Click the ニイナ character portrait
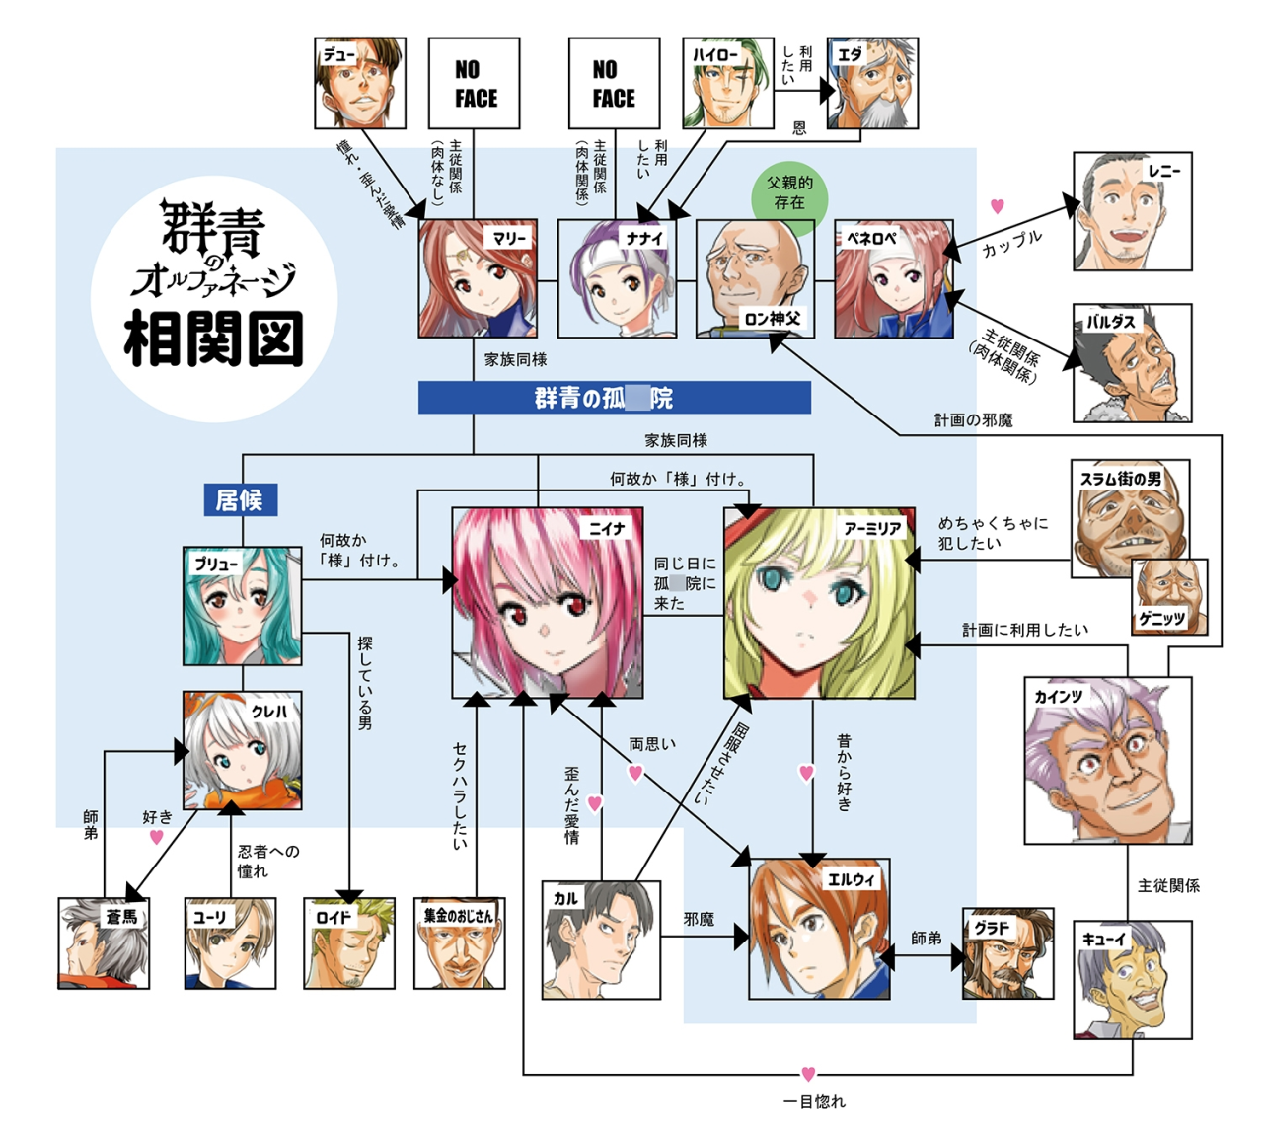point(548,603)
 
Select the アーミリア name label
point(872,529)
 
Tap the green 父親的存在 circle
point(788,193)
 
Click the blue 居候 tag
point(240,500)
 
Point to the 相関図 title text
point(213,339)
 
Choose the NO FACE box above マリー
point(474,84)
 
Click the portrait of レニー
point(1132,211)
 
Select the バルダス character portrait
point(1132,362)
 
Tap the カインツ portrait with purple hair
point(1107,760)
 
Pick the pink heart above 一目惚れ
point(808,1074)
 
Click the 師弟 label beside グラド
point(926,938)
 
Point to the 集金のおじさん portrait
point(459,943)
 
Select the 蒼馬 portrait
point(104,943)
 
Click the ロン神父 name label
point(773,319)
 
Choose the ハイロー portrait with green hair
point(727,84)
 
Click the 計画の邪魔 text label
point(973,420)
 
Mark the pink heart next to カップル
point(998,206)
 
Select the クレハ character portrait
point(242,750)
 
